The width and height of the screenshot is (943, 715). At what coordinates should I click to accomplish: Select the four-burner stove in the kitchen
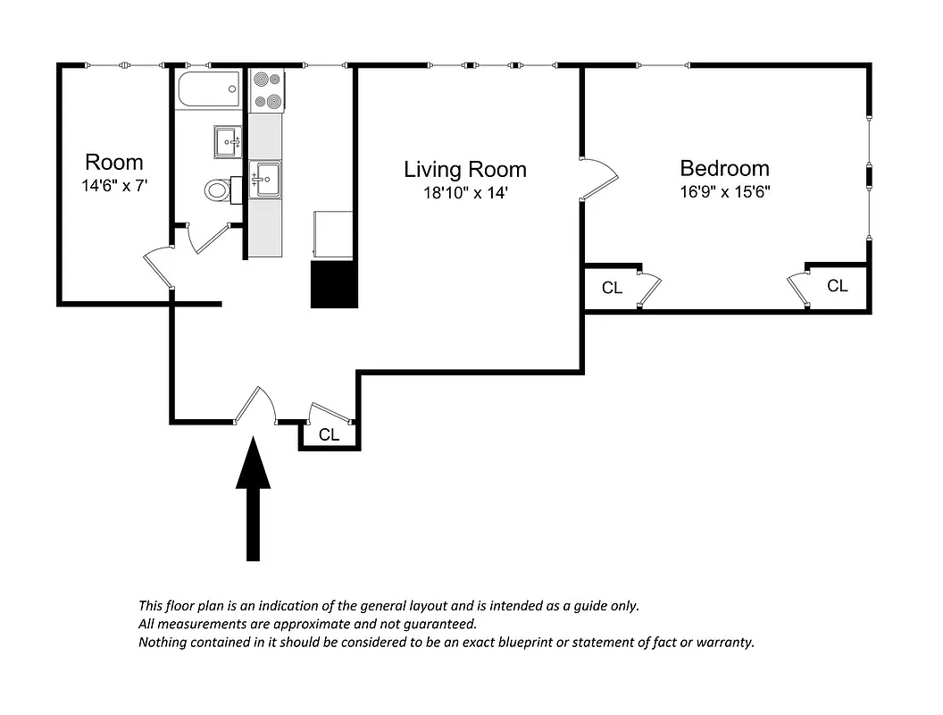[x=266, y=90]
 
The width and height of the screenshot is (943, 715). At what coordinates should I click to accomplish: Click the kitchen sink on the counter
[x=265, y=179]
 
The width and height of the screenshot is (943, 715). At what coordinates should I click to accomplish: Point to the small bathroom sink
[x=228, y=140]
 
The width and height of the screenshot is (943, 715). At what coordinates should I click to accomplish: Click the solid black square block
[x=333, y=285]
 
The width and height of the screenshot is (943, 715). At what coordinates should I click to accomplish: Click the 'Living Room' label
[x=464, y=169]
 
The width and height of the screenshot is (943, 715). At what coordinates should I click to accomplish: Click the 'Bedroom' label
[x=724, y=168]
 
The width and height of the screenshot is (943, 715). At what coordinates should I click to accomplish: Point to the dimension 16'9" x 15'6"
[x=724, y=191]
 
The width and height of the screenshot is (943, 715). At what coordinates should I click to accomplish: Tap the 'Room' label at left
[x=113, y=163]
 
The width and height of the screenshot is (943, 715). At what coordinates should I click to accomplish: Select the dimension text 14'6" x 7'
[x=113, y=185]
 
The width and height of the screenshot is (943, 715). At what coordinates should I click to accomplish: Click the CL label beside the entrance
[x=329, y=435]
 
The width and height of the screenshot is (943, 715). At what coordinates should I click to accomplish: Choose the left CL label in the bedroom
[x=612, y=288]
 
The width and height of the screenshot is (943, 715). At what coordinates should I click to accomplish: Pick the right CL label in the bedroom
[x=837, y=286]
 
